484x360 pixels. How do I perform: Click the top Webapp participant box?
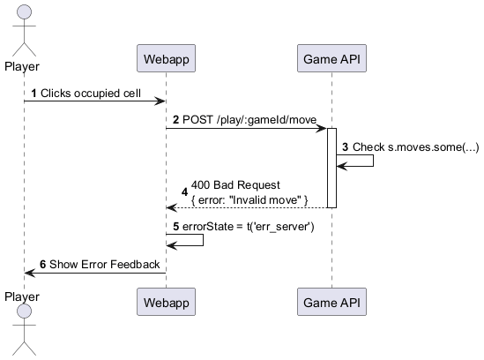tap(165, 60)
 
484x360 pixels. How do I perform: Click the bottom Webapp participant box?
tap(165, 303)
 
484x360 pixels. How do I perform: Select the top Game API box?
tap(331, 60)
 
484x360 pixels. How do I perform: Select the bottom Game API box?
tap(331, 303)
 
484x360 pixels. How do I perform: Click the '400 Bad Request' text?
tap(235, 184)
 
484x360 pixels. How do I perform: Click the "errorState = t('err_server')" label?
tap(255, 226)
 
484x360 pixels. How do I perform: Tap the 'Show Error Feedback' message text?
tap(104, 264)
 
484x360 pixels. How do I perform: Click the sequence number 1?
tap(34, 93)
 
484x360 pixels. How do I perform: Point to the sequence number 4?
tap(184, 191)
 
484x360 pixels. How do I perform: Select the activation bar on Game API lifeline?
tap(331, 168)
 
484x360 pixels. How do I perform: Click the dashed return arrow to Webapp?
tap(247, 207)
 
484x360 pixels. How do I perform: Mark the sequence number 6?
tap(43, 264)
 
